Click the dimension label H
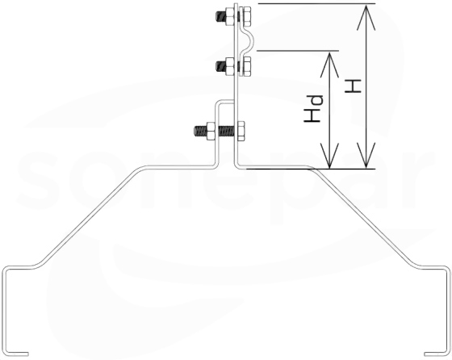354,86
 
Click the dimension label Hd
313,109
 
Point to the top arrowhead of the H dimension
366,17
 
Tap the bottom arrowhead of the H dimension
366,155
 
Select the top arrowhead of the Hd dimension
329,64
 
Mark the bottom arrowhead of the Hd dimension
329,156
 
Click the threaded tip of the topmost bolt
219,17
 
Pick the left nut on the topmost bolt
229,17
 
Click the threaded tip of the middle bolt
220,66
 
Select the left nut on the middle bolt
230,66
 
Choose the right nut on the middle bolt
245,66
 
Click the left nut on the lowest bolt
210,131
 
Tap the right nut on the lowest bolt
241,131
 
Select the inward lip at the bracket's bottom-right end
435,354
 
